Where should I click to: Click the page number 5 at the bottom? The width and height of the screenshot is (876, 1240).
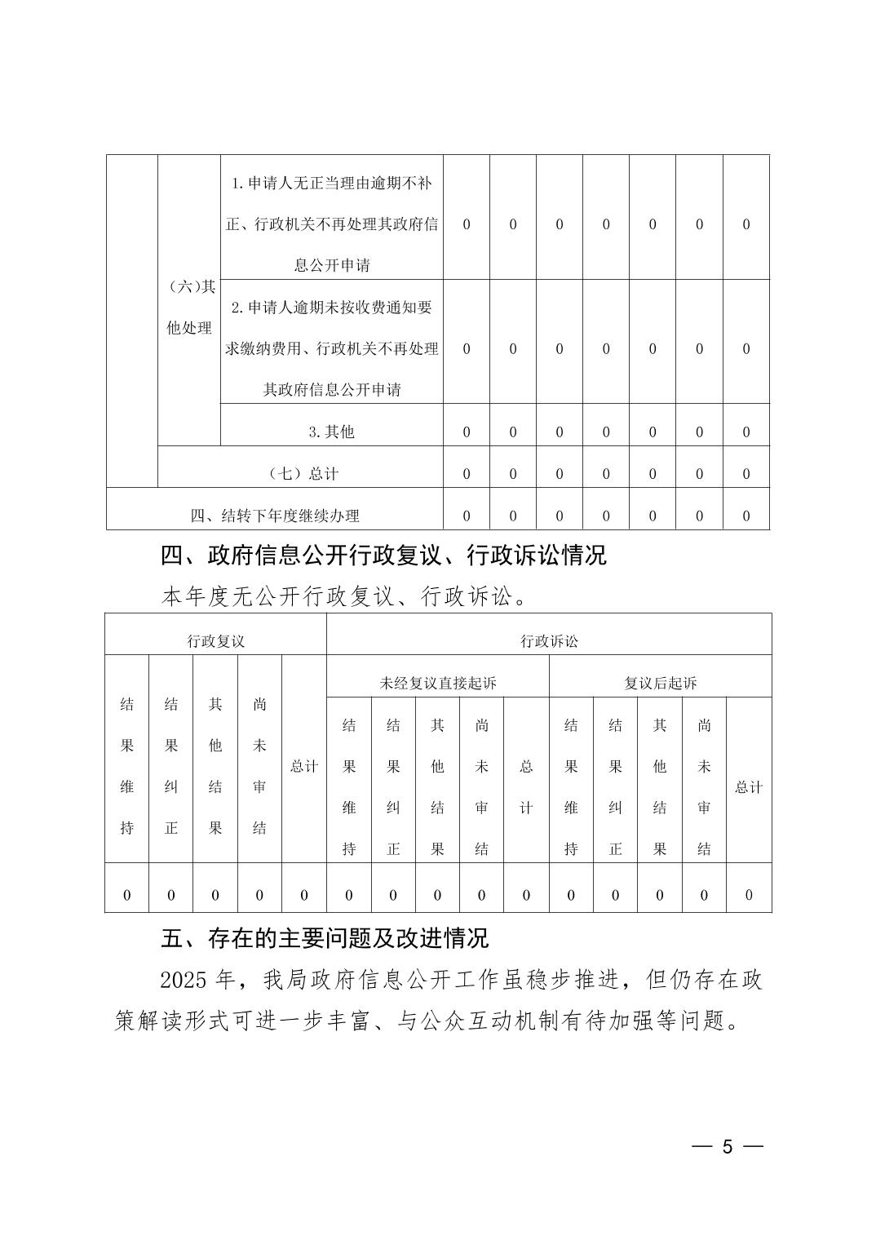pyautogui.click(x=728, y=1146)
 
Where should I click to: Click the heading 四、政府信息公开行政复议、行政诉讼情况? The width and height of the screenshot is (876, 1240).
pyautogui.click(x=383, y=556)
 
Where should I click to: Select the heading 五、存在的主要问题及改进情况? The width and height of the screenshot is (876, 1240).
pyautogui.click(x=325, y=938)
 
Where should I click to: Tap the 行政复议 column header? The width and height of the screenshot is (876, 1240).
pyautogui.click(x=215, y=641)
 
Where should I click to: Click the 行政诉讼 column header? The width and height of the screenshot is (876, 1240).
pyautogui.click(x=549, y=641)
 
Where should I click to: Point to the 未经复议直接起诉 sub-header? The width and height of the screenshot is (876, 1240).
pyautogui.click(x=438, y=683)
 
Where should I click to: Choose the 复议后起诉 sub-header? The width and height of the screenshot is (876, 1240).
pyautogui.click(x=661, y=683)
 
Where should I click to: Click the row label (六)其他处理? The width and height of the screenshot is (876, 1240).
pyautogui.click(x=189, y=307)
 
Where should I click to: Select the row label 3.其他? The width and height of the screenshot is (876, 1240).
pyautogui.click(x=331, y=432)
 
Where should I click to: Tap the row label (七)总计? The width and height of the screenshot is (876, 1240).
pyautogui.click(x=303, y=473)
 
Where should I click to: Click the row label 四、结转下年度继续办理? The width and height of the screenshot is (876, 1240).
pyautogui.click(x=275, y=516)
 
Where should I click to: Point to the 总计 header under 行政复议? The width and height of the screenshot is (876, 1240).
pyautogui.click(x=304, y=766)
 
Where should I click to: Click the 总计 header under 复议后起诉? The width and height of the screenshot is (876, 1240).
pyautogui.click(x=749, y=787)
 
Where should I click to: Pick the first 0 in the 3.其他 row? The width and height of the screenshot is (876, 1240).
pyautogui.click(x=467, y=432)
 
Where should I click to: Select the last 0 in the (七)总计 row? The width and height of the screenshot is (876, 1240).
pyautogui.click(x=746, y=474)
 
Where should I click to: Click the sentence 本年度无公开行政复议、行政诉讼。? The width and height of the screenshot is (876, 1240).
pyautogui.click(x=344, y=597)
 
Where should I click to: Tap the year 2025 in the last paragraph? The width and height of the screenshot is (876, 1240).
pyautogui.click(x=186, y=980)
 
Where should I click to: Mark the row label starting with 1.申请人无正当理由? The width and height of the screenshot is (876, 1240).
pyautogui.click(x=331, y=224)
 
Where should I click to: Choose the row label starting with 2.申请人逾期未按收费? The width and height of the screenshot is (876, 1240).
pyautogui.click(x=331, y=348)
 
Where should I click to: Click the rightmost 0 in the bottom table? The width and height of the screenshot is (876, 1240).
pyautogui.click(x=749, y=895)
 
